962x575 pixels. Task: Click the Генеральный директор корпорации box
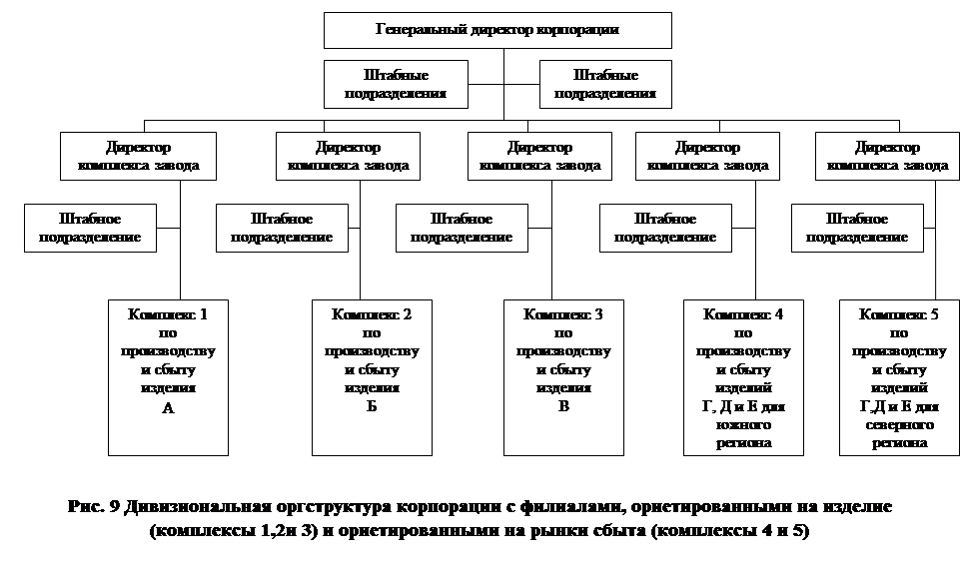496,30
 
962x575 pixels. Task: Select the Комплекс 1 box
168,376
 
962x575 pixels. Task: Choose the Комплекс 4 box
743,376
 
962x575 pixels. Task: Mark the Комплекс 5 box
899,376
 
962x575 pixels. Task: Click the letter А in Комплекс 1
168,407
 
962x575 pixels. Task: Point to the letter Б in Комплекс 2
372,407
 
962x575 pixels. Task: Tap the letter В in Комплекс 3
563,407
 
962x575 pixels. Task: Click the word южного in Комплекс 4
743,424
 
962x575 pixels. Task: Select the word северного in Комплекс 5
899,424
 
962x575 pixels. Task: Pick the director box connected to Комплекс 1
138,156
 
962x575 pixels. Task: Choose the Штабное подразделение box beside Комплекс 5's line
857,228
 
